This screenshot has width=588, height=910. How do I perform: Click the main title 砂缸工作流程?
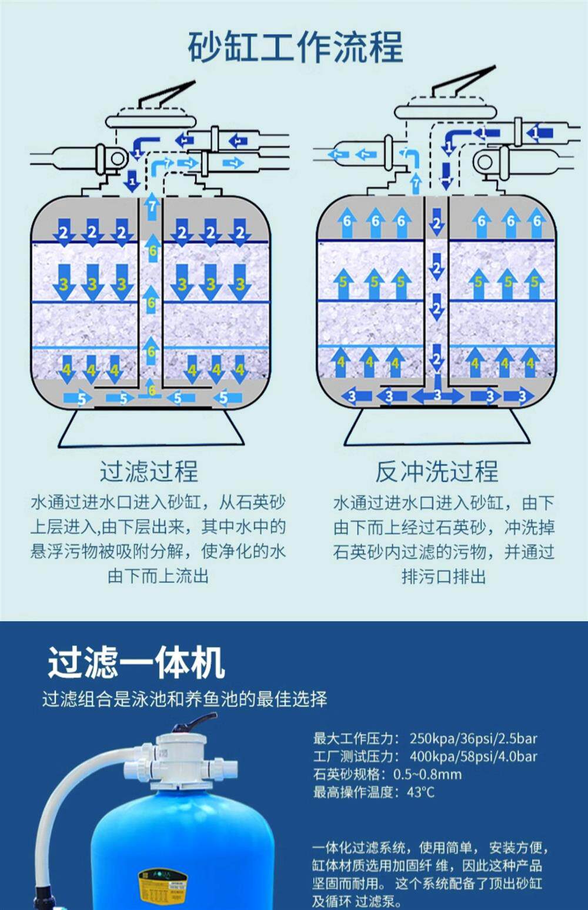[295, 47]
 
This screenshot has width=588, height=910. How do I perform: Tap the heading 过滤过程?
[149, 471]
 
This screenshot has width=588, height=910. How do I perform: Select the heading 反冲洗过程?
[436, 471]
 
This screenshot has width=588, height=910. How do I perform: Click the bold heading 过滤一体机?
[136, 663]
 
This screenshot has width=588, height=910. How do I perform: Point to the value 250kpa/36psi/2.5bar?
[473, 738]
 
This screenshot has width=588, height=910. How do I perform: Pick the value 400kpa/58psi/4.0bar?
[473, 757]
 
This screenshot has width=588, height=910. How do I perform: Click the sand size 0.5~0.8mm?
[427, 774]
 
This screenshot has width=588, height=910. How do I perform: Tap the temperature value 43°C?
[420, 792]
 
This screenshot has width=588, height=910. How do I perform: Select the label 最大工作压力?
[355, 738]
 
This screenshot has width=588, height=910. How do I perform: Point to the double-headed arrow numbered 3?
[437, 396]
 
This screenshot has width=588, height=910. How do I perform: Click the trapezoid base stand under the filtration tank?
[151, 429]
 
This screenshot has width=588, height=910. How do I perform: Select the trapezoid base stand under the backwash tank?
[437, 427]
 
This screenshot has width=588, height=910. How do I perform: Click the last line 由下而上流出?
[158, 576]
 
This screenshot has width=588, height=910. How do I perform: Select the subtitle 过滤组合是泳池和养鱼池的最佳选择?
[185, 699]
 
